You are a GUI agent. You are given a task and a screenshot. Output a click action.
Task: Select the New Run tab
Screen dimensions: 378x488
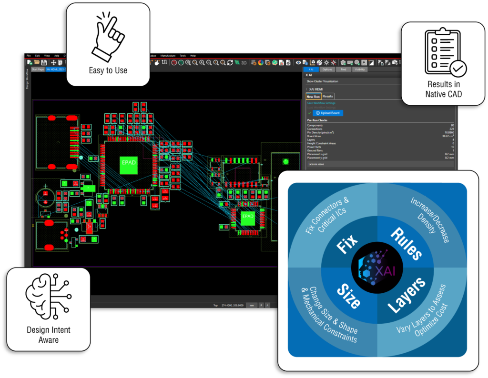(x=313, y=96)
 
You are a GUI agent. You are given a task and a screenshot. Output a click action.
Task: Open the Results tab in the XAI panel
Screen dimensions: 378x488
(x=328, y=96)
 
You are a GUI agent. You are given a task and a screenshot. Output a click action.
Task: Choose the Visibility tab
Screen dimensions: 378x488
(x=360, y=69)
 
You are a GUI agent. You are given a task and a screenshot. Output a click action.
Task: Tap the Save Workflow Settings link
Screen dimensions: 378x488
(x=321, y=103)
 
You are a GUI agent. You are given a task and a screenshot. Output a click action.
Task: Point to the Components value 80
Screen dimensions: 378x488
(x=452, y=125)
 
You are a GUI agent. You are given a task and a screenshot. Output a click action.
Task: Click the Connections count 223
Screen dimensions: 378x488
(x=452, y=129)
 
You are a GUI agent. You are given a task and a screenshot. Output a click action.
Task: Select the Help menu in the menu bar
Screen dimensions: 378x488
(x=193, y=56)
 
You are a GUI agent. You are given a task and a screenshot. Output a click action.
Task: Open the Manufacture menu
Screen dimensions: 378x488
(x=168, y=56)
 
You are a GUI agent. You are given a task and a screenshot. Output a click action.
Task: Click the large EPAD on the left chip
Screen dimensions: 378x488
(x=129, y=163)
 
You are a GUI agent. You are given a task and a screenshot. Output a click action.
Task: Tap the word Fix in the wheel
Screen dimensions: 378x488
(x=347, y=246)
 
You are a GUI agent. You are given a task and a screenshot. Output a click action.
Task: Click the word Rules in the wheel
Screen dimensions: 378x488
(x=406, y=243)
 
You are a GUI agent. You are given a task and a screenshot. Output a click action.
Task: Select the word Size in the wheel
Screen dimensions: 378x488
(x=348, y=295)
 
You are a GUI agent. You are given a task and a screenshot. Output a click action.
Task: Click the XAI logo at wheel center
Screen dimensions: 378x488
(x=377, y=270)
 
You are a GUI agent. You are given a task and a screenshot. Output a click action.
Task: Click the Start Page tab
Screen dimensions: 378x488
(x=38, y=69)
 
